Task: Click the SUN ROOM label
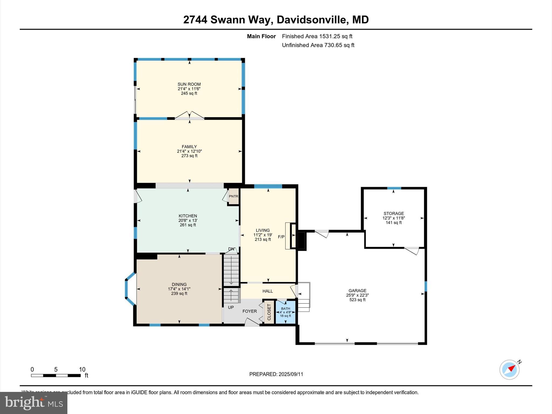(x=189, y=84)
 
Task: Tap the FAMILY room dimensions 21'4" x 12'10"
(x=189, y=151)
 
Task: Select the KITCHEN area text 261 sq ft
(x=188, y=225)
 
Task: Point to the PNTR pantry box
(x=233, y=196)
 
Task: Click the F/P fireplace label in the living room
(x=281, y=237)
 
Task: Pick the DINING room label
(x=179, y=284)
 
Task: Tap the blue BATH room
(x=285, y=312)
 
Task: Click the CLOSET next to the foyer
(x=269, y=312)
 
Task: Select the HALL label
(x=267, y=291)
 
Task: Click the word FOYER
(x=249, y=311)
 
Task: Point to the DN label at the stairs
(x=231, y=249)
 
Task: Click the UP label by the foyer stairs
(x=231, y=307)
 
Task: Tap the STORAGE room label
(x=394, y=213)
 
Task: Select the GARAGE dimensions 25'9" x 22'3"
(x=357, y=295)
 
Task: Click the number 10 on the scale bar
(x=82, y=370)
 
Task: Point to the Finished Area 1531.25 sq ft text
(x=317, y=36)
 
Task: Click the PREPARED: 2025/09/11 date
(x=276, y=374)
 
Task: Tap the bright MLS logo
(x=34, y=403)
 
